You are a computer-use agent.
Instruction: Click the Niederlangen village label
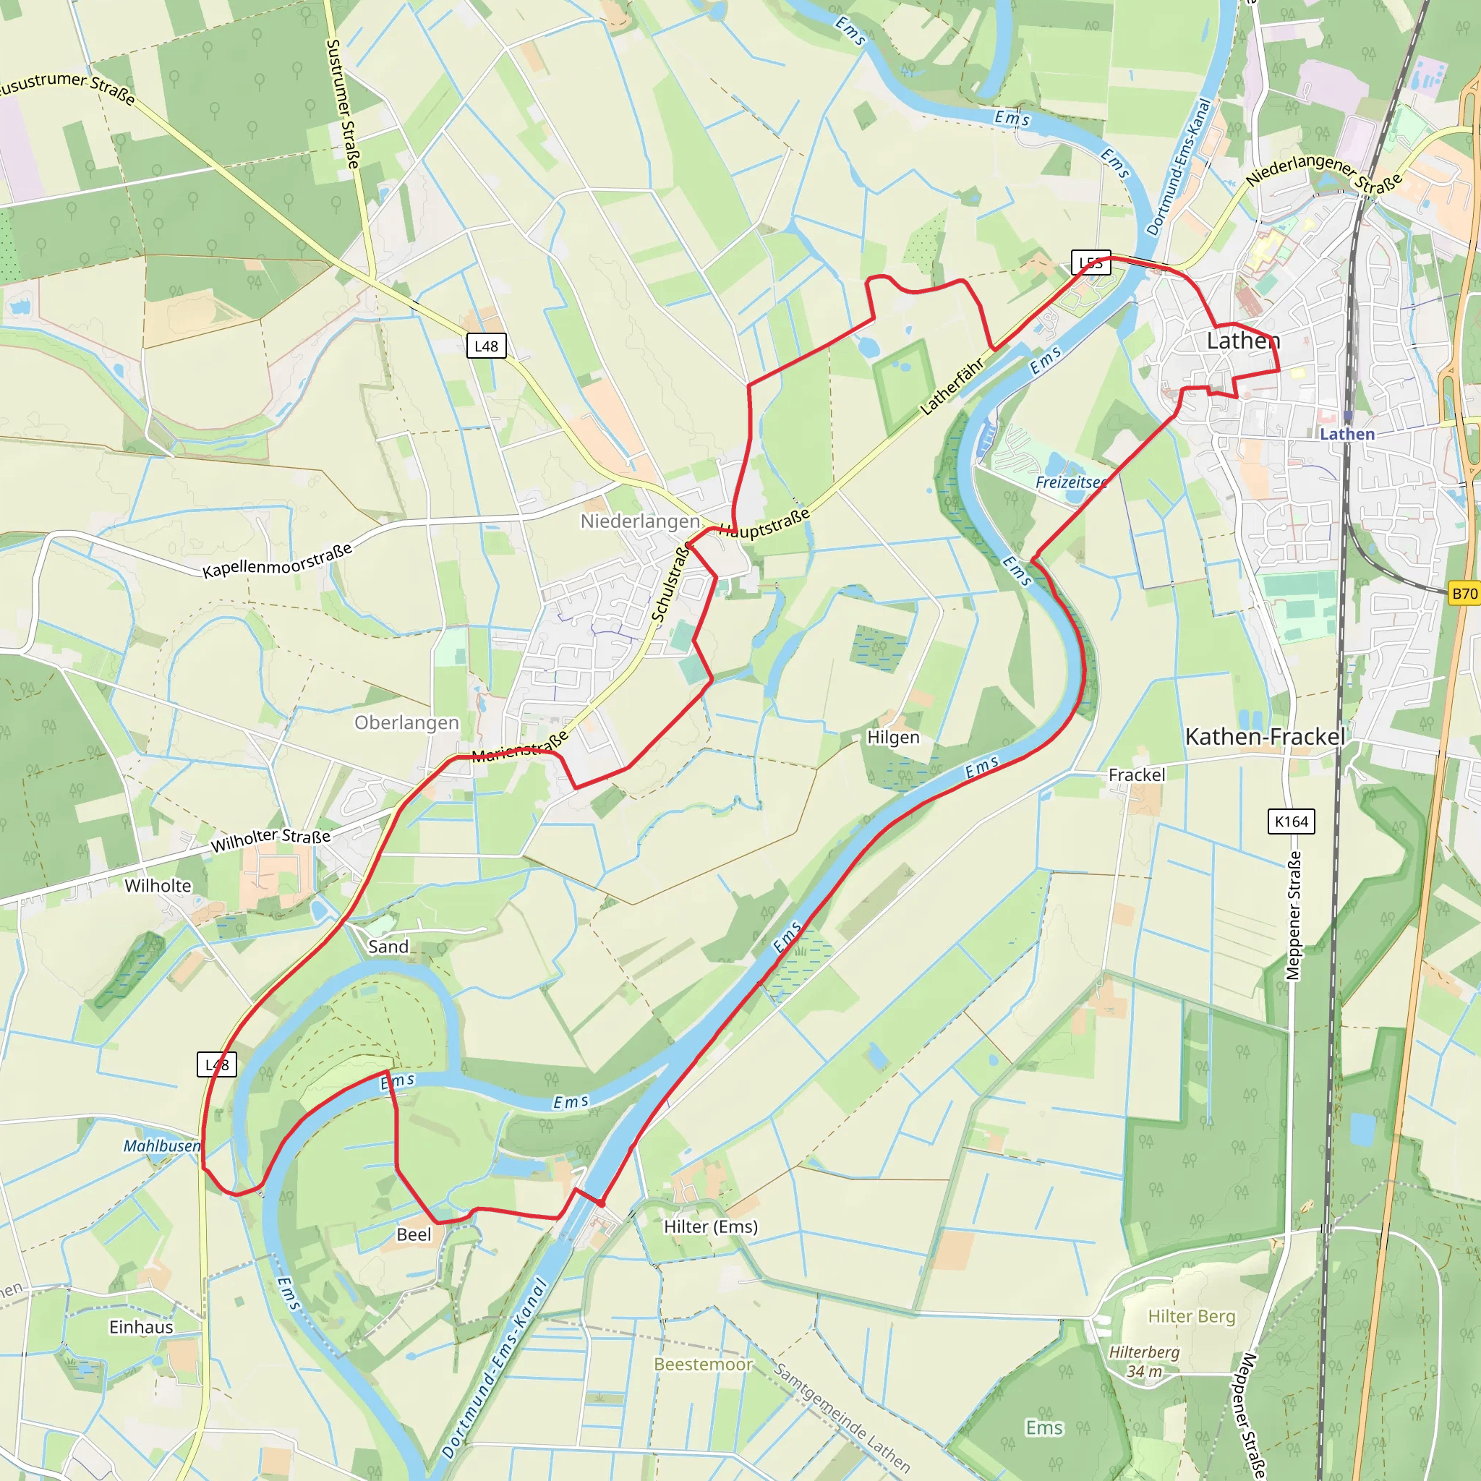click(639, 521)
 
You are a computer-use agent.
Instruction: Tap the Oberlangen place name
click(406, 723)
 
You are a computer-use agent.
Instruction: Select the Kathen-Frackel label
click(1265, 737)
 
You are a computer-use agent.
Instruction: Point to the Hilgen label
click(892, 738)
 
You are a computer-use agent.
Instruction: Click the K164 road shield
click(1291, 821)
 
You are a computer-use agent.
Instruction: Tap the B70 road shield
click(1464, 593)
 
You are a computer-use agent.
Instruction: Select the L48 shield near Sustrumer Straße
click(486, 346)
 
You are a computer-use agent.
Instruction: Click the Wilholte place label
click(158, 885)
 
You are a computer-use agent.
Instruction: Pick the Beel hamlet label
click(414, 1234)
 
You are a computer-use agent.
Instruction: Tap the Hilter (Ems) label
click(711, 1226)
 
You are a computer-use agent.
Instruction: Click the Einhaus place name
click(141, 1327)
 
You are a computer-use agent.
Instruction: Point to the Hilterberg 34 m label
click(1144, 1362)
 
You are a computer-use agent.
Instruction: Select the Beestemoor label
click(703, 1365)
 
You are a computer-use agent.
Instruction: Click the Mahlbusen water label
click(162, 1146)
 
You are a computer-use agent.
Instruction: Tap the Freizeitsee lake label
click(1071, 482)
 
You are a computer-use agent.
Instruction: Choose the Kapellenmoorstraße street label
click(277, 560)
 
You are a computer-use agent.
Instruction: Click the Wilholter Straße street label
click(270, 840)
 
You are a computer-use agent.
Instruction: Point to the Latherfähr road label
click(952, 386)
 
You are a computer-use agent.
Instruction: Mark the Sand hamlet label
click(388, 947)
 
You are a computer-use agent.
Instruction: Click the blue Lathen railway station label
click(1346, 434)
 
